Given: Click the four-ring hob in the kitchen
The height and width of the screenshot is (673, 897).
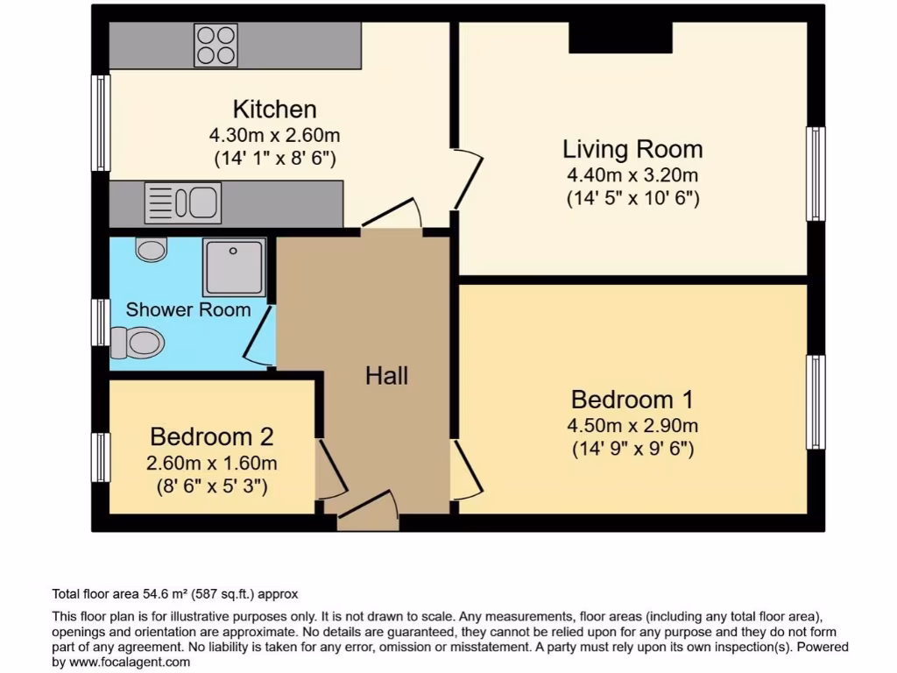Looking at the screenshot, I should click(x=216, y=45).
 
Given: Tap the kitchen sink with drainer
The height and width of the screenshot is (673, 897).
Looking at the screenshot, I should click(x=183, y=202).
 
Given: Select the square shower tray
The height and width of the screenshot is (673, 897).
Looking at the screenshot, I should click(x=233, y=266).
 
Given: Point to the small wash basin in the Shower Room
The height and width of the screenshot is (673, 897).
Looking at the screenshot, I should click(x=152, y=250).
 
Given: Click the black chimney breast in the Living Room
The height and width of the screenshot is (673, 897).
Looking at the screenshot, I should click(x=620, y=38).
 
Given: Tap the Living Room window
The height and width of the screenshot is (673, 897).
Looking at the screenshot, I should click(x=815, y=174).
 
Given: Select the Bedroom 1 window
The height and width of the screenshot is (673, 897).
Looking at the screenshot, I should click(x=815, y=402).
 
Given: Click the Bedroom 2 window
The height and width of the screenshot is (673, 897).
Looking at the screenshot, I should click(x=101, y=457).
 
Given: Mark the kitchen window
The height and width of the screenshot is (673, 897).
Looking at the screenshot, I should click(x=101, y=123).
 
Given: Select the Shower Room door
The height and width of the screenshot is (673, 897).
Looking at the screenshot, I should click(x=259, y=334).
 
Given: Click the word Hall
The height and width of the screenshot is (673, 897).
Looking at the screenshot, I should click(x=386, y=376).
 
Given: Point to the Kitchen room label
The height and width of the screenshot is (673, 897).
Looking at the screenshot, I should click(x=274, y=110).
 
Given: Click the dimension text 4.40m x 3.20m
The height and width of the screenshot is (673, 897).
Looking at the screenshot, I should click(x=632, y=174).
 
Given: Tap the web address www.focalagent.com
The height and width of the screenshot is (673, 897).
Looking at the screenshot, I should click(x=129, y=662).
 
